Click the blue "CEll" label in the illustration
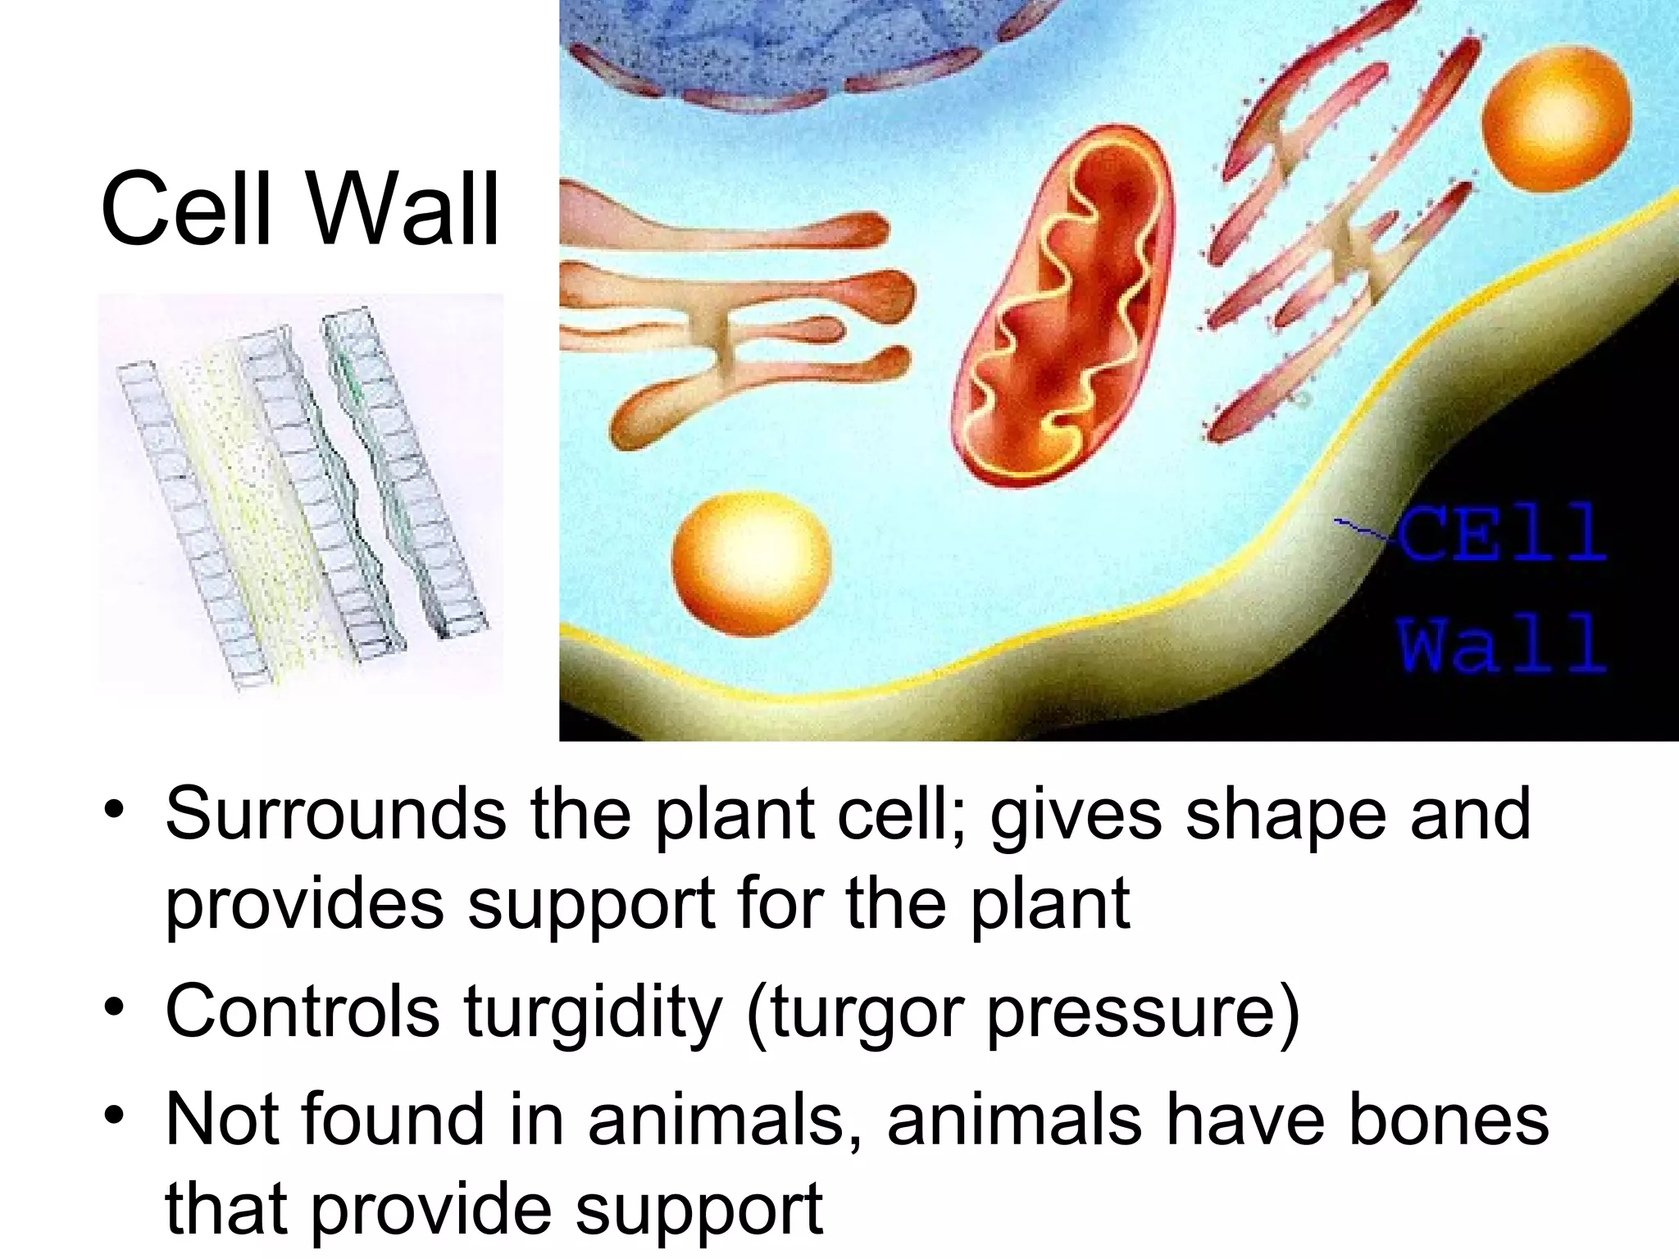pos(1500,533)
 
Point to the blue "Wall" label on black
pos(1500,643)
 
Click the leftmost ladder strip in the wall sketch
pos(193,525)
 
